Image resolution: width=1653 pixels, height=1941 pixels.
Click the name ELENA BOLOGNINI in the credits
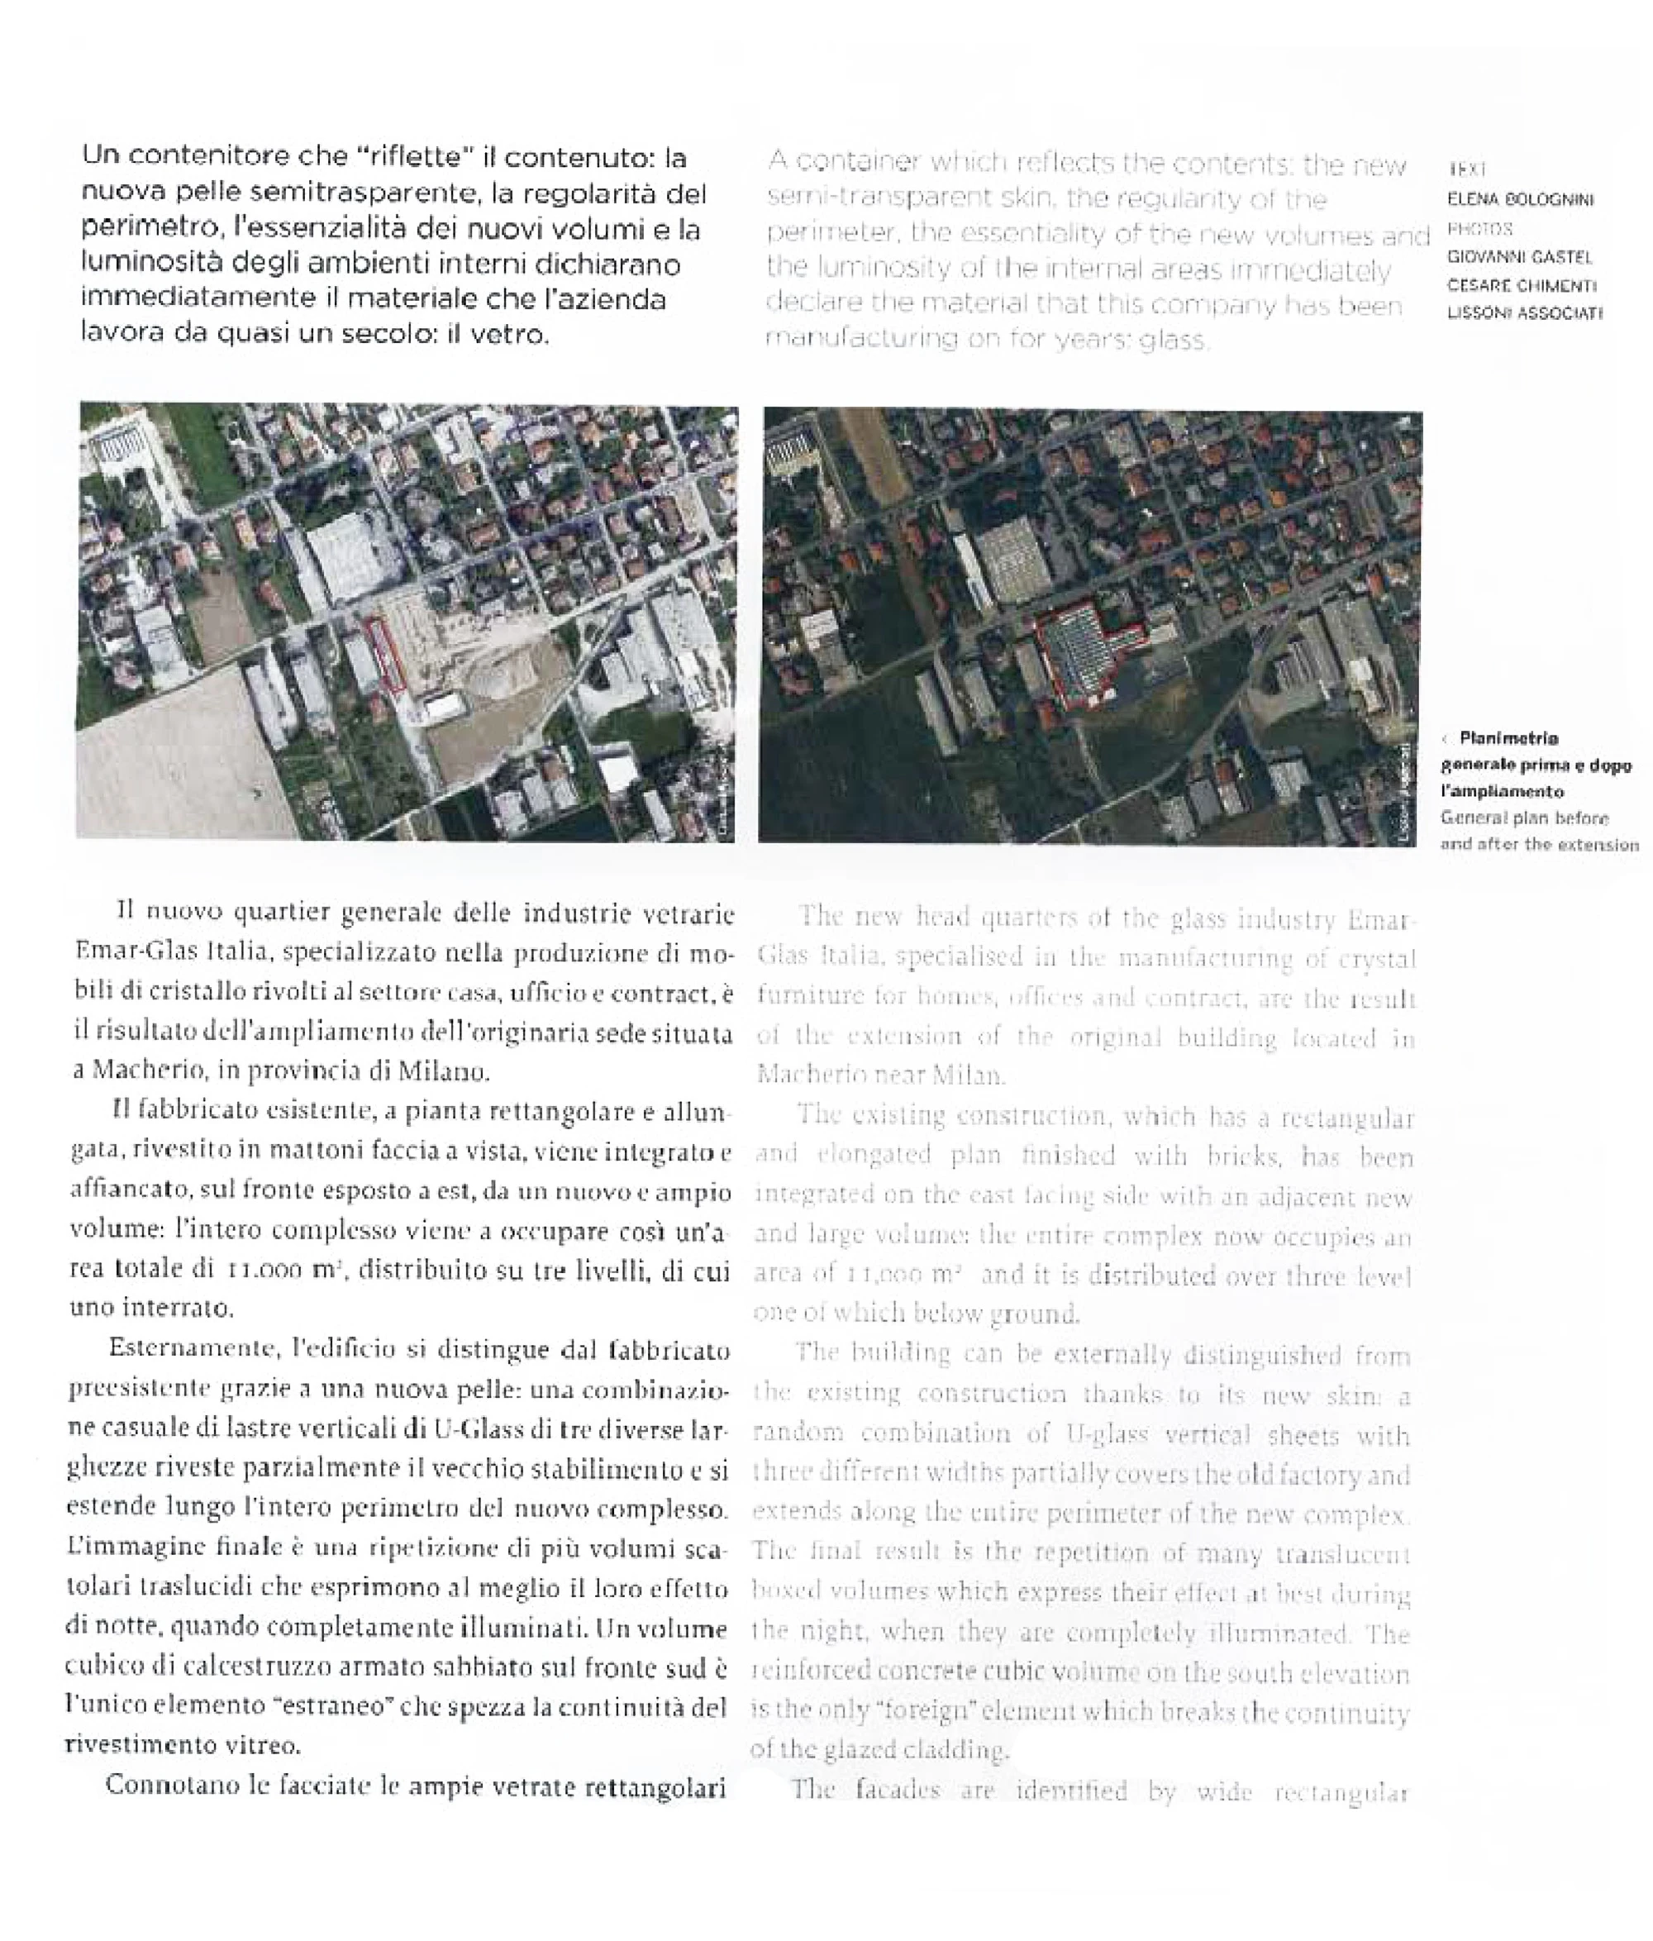1520,199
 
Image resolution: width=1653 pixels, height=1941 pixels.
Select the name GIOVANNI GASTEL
1519,256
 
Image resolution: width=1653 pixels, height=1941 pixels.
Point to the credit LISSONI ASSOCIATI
1524,314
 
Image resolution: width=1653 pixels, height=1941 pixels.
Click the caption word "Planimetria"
1508,738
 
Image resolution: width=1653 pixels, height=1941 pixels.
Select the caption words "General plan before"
1524,818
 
